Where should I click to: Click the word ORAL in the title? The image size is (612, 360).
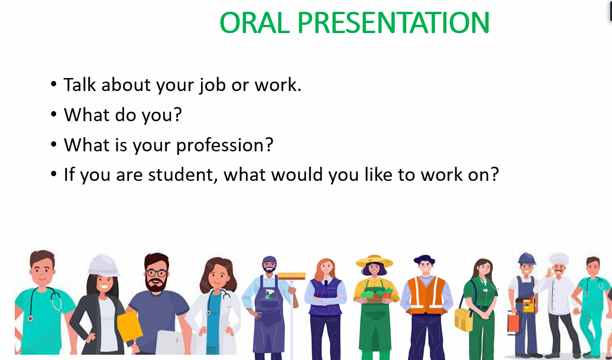coord(254,22)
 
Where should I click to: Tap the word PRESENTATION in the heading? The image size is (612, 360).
coord(393,22)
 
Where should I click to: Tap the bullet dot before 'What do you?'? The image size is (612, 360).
coord(53,114)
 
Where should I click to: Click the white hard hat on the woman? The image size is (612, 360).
coord(103,265)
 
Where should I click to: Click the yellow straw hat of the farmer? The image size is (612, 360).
coord(374,261)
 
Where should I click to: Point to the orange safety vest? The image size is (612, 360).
coord(426,295)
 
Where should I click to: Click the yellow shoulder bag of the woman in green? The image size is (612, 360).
coord(464,319)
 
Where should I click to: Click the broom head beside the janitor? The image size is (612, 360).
coord(292,275)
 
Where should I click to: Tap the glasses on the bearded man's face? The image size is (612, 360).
coord(157,273)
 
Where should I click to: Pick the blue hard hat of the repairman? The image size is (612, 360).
coord(526,258)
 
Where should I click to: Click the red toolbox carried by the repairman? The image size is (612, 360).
coord(513,323)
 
